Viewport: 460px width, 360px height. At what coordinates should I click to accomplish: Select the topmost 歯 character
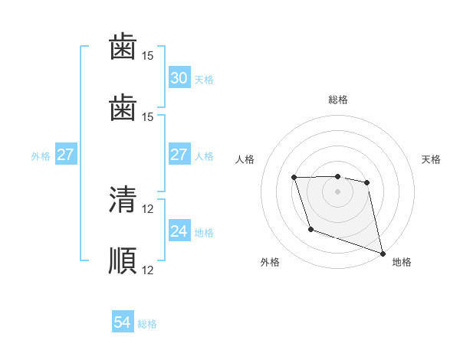(x=123, y=48)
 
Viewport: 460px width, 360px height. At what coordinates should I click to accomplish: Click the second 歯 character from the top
(x=123, y=109)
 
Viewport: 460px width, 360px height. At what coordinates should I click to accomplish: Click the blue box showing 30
(x=179, y=78)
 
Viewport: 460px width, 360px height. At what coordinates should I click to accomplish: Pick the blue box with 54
(x=123, y=323)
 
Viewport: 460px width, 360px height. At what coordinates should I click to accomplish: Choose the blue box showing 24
(x=179, y=231)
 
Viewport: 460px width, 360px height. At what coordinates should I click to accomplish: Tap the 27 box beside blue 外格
(x=65, y=155)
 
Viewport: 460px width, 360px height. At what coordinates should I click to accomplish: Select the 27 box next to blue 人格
(x=179, y=155)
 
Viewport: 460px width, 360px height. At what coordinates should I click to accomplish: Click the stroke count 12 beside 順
(x=148, y=270)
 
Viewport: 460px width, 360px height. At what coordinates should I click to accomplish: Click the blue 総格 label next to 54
(x=147, y=324)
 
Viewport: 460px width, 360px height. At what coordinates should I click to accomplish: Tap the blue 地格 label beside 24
(x=204, y=232)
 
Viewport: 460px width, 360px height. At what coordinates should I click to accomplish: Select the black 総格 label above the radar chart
(x=337, y=100)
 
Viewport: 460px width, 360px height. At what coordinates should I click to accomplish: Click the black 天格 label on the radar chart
(x=431, y=159)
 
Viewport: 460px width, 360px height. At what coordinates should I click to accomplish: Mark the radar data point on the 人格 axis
(x=294, y=178)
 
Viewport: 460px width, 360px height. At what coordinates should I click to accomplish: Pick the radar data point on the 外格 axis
(x=310, y=229)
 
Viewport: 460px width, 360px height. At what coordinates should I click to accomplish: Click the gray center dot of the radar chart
(x=337, y=191)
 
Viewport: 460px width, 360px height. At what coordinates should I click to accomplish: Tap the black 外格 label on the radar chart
(x=270, y=262)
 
